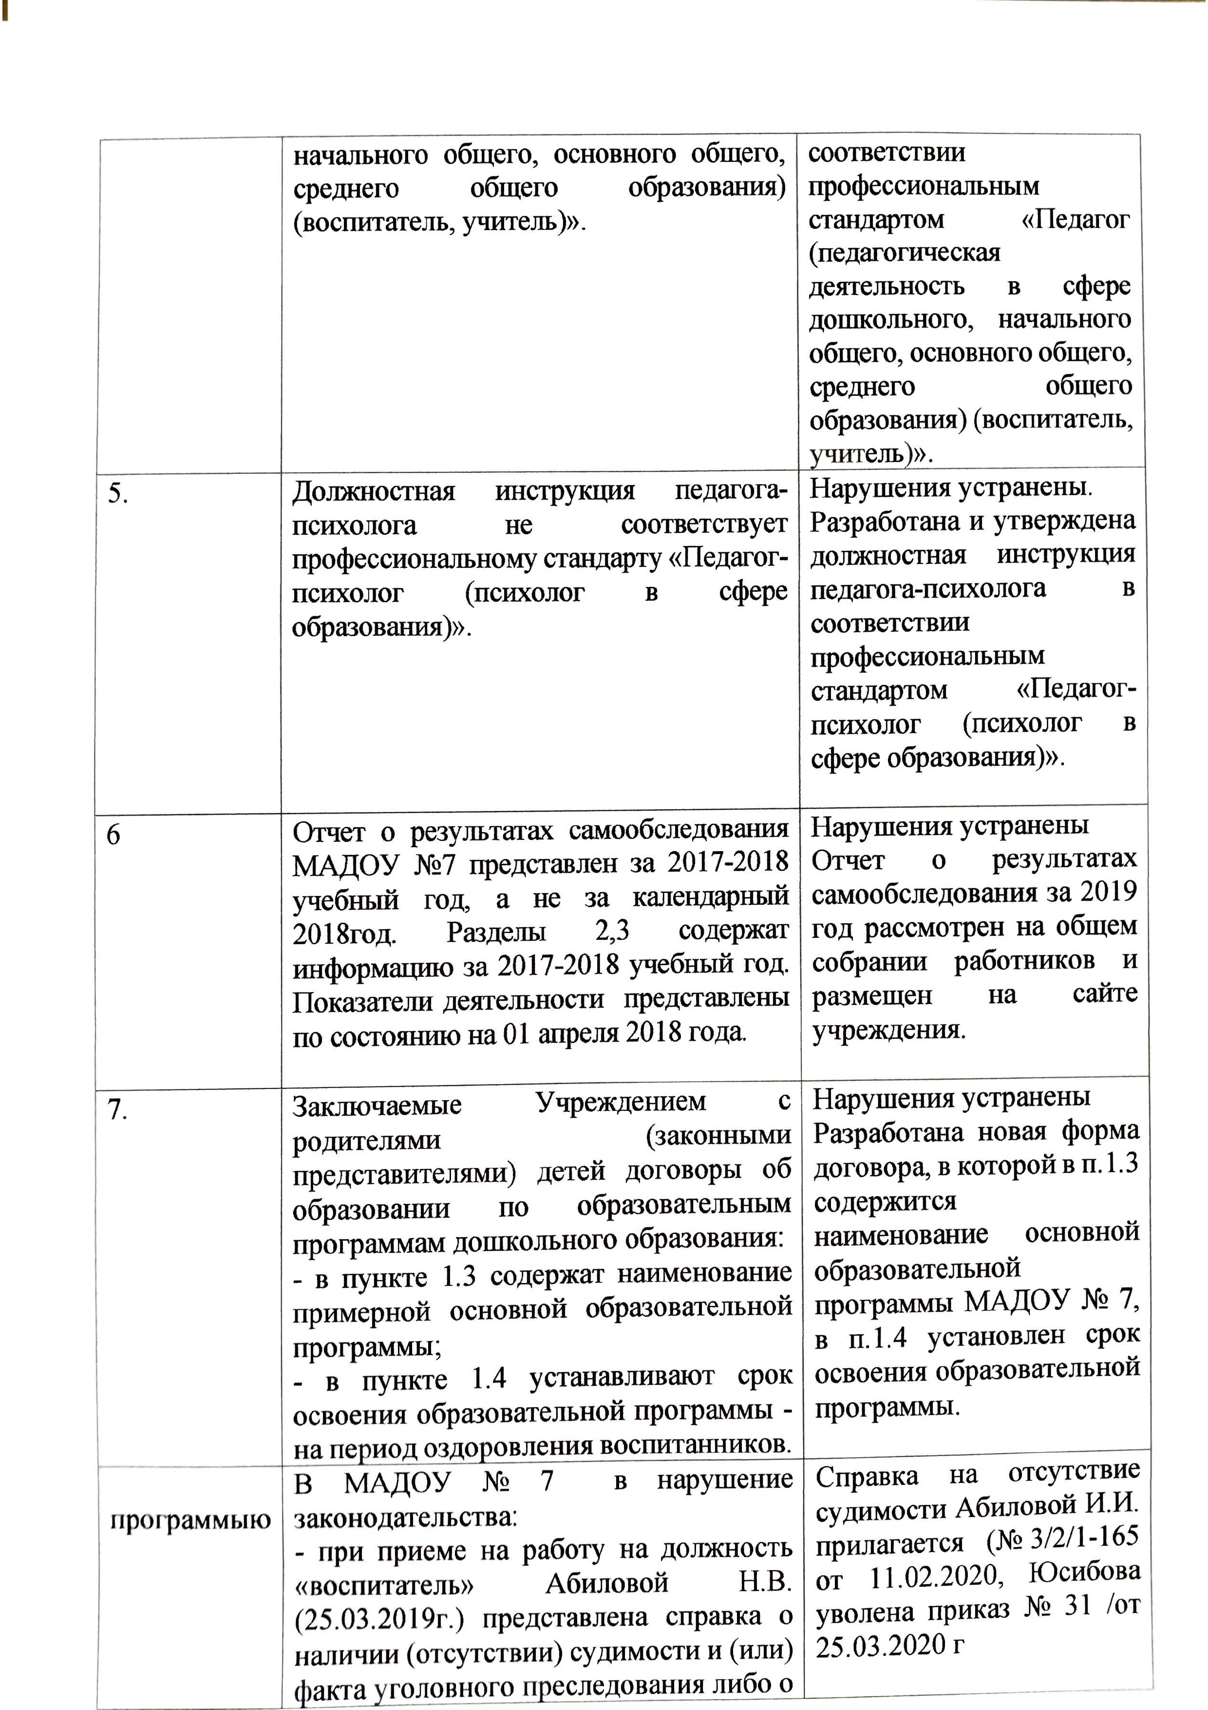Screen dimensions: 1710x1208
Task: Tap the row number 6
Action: tap(113, 835)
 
